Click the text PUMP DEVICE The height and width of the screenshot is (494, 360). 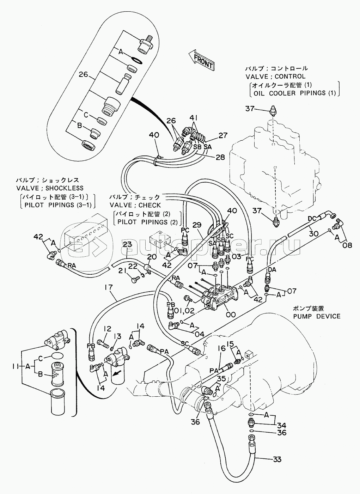[x=317, y=316]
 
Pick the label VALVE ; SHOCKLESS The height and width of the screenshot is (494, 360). [x=50, y=188]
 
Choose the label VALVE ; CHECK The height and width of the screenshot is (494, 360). [x=135, y=205]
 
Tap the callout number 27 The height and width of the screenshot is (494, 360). [x=223, y=135]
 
